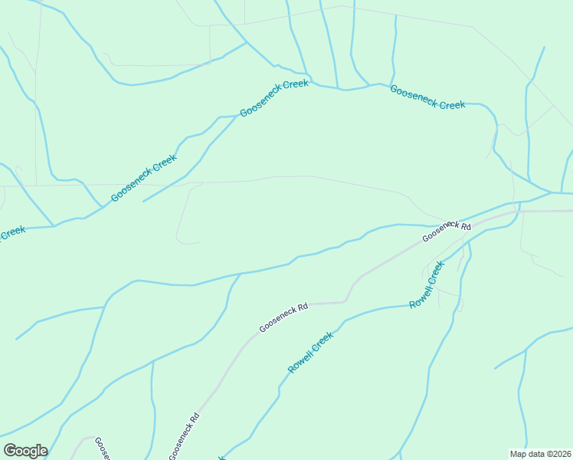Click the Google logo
(x=25, y=451)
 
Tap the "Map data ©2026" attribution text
(x=540, y=454)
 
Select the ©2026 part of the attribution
(x=557, y=454)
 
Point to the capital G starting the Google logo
(x=10, y=451)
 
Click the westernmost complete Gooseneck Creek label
(x=144, y=178)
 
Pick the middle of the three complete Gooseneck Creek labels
(x=273, y=97)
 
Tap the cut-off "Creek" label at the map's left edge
(x=12, y=232)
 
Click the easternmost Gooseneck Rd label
(x=446, y=231)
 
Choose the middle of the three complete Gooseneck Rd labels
(x=283, y=317)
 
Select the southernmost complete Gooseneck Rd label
(x=185, y=436)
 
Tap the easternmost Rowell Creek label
(x=427, y=284)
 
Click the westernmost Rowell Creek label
(x=310, y=353)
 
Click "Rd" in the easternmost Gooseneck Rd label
(x=464, y=225)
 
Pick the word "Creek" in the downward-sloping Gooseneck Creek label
(x=448, y=103)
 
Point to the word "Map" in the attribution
(x=519, y=454)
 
